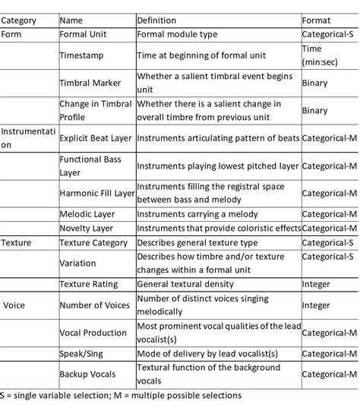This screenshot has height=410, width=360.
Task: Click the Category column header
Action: [20, 20]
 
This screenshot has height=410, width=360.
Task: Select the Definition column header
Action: [156, 20]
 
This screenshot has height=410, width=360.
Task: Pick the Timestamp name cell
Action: [82, 55]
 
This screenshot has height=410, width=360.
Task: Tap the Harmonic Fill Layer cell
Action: [96, 194]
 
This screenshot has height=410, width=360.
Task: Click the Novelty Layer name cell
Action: [87, 229]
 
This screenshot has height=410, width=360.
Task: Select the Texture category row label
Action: [16, 244]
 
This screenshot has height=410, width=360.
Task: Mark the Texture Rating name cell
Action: [89, 285]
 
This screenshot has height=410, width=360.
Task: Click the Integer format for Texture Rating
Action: [317, 285]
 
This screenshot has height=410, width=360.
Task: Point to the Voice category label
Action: [16, 305]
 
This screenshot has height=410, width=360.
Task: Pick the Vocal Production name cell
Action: [93, 333]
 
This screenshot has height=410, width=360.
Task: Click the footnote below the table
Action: [121, 396]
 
